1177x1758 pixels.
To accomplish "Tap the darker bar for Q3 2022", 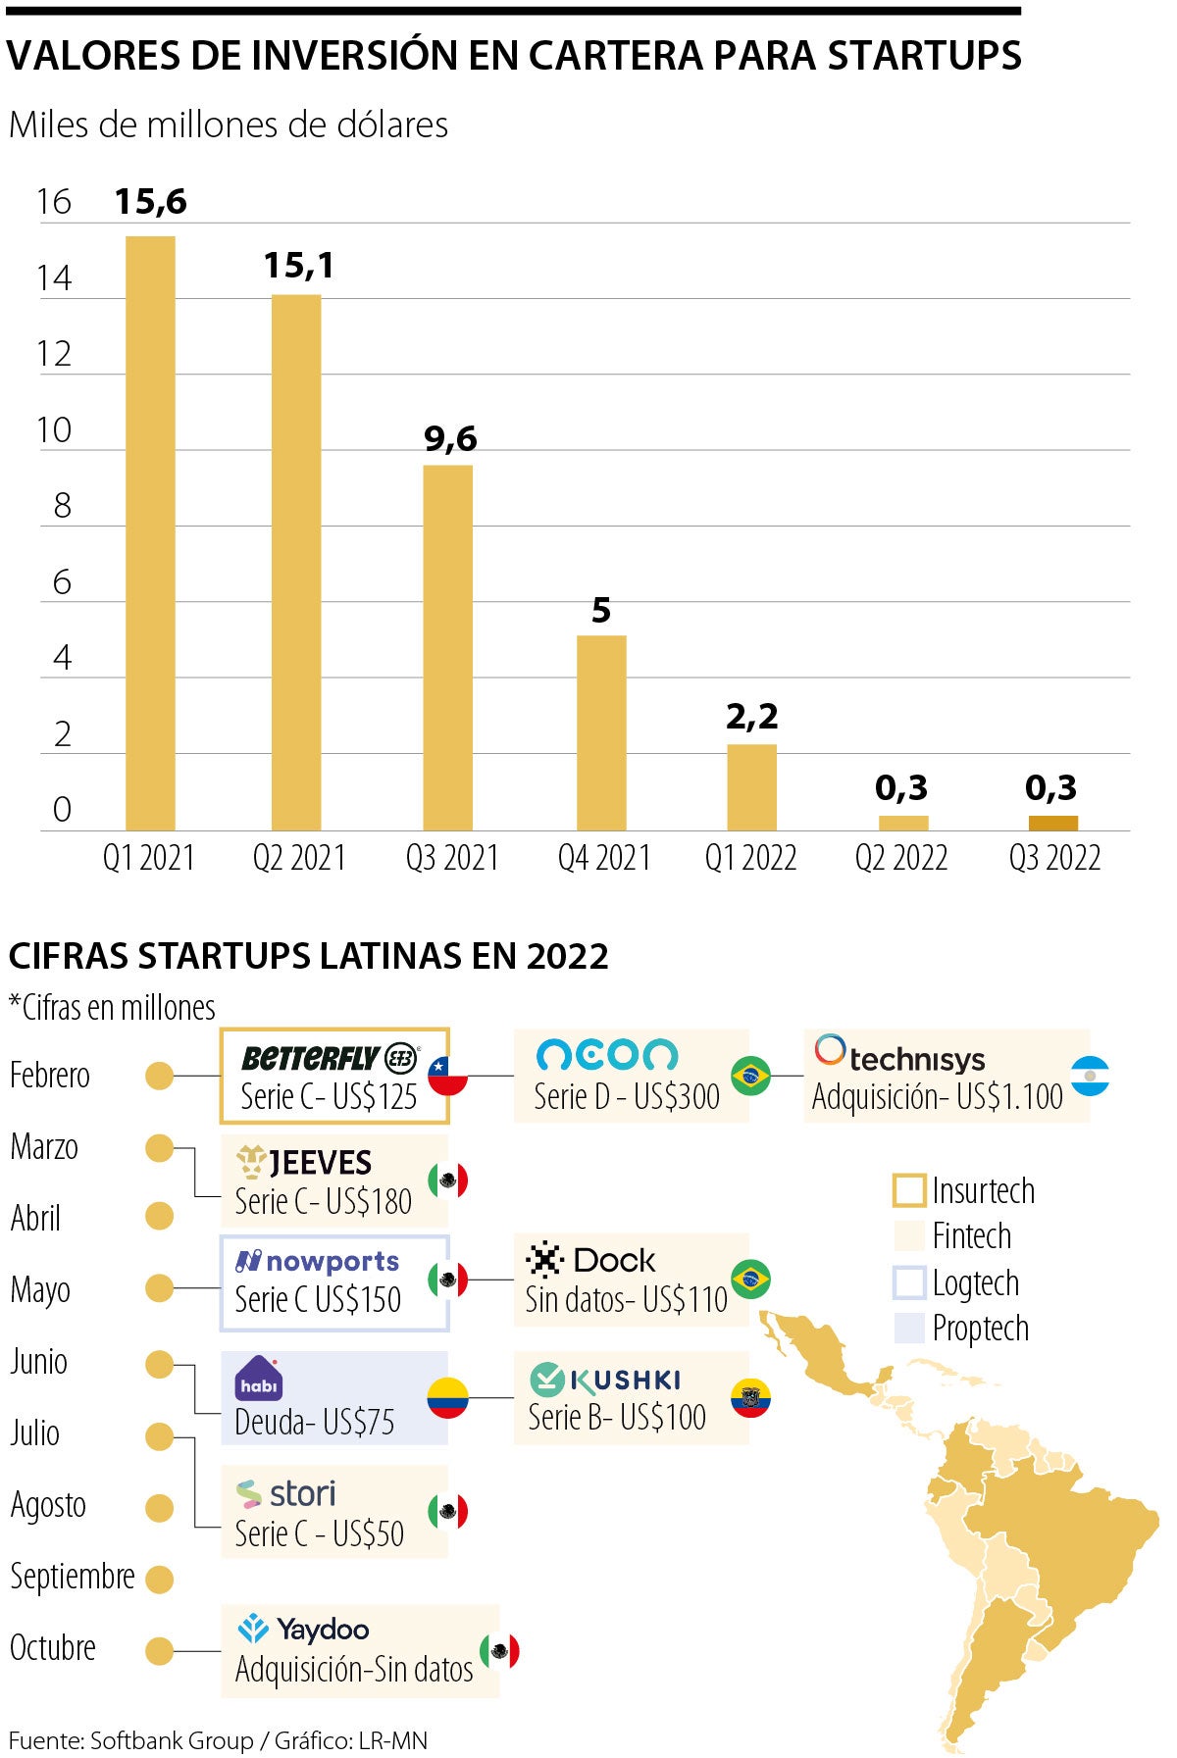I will pyautogui.click(x=1052, y=823).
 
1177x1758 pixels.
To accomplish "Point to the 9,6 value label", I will pyautogui.click(x=450, y=438).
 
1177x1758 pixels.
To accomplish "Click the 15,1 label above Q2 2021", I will pyautogui.click(x=298, y=265).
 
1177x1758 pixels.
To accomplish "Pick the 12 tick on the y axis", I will pyautogui.click(x=55, y=354).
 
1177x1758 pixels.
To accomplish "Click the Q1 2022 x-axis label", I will pyautogui.click(x=750, y=858).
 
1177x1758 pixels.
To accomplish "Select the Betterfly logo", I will pyautogui.click(x=330, y=1058).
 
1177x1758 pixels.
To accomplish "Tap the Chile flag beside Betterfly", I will pyautogui.click(x=447, y=1076).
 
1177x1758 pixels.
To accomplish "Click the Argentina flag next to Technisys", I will pyautogui.click(x=1090, y=1076).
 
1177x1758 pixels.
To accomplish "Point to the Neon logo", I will pyautogui.click(x=606, y=1055).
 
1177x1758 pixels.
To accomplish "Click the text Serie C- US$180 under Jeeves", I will pyautogui.click(x=323, y=1202).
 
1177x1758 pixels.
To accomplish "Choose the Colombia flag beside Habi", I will pyautogui.click(x=447, y=1397).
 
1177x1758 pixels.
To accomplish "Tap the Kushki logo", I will pyautogui.click(x=605, y=1380).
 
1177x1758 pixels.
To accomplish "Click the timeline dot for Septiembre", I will pyautogui.click(x=159, y=1579).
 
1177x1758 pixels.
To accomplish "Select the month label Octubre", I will pyautogui.click(x=53, y=1648).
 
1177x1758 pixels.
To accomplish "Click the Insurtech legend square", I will pyautogui.click(x=909, y=1190).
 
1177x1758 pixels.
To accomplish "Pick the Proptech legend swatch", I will pyautogui.click(x=909, y=1328).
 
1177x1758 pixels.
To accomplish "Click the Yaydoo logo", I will pyautogui.click(x=303, y=1629).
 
